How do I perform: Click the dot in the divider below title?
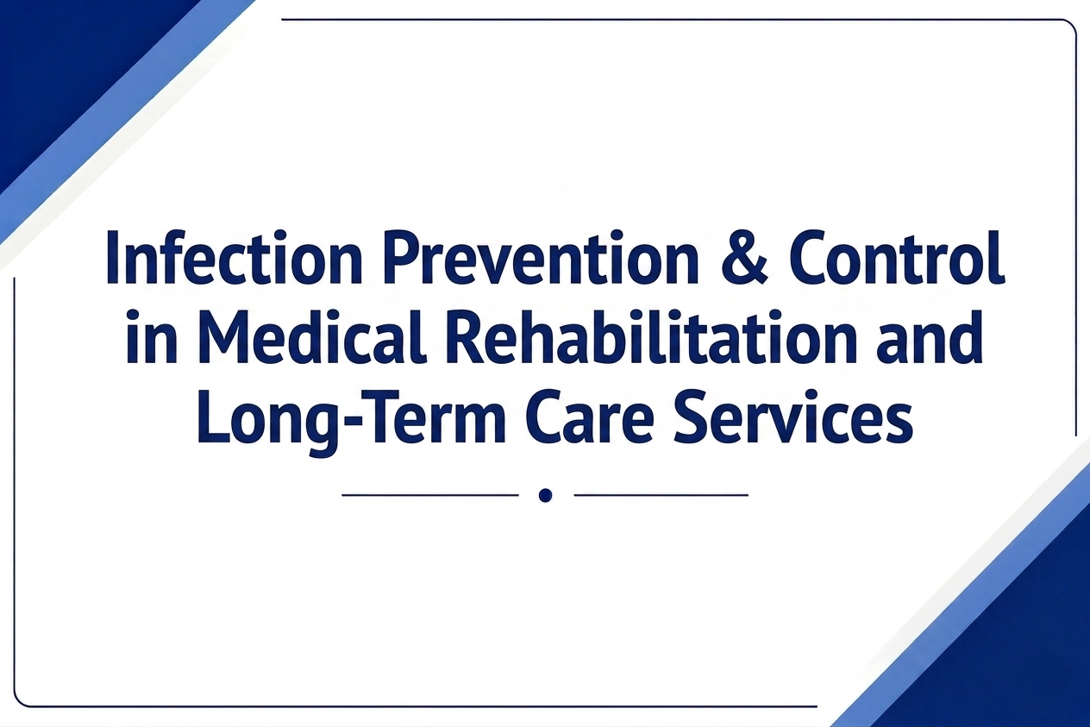tap(546, 495)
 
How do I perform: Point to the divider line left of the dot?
tap(430, 495)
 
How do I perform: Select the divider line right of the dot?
tap(661, 495)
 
